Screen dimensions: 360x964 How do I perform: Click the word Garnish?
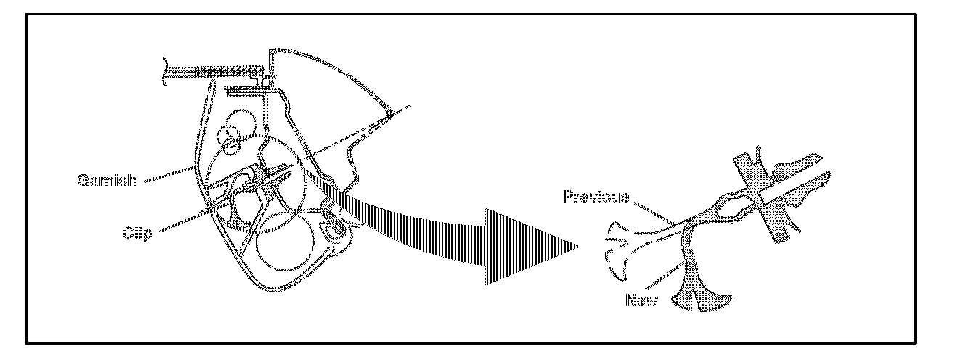(x=107, y=180)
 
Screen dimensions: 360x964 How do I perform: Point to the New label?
(x=642, y=299)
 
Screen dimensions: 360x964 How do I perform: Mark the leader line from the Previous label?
(x=653, y=210)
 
